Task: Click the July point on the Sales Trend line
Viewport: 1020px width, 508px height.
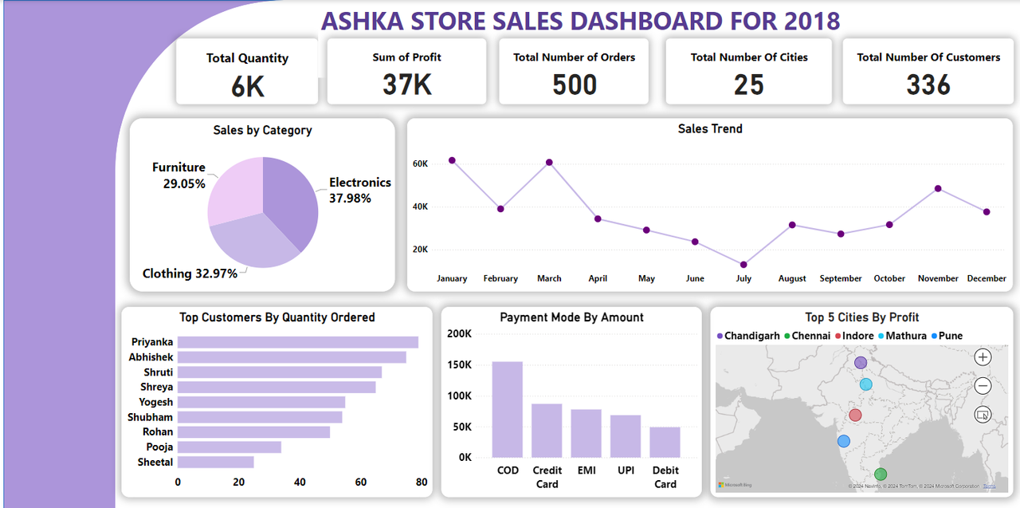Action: click(x=743, y=265)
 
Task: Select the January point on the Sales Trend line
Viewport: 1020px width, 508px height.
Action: click(x=452, y=160)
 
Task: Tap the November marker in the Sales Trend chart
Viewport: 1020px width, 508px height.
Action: click(x=938, y=189)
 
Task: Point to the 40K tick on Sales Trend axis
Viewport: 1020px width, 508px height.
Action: click(x=420, y=207)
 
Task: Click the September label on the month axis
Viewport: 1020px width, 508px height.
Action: click(x=841, y=278)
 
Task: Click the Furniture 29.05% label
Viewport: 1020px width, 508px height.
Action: click(x=178, y=175)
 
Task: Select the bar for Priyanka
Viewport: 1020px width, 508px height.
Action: click(x=297, y=342)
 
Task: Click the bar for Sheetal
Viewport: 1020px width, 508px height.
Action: click(x=215, y=462)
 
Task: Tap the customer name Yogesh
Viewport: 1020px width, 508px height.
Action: click(x=155, y=402)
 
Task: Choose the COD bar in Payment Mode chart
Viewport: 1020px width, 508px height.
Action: click(x=508, y=409)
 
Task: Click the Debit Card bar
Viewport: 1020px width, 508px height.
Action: click(x=665, y=442)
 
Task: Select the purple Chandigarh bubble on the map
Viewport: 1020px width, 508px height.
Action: click(x=861, y=363)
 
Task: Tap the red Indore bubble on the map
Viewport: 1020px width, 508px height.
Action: click(x=855, y=415)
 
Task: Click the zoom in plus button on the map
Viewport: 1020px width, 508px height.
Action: click(x=983, y=357)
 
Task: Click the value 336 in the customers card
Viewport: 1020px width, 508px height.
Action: click(x=928, y=85)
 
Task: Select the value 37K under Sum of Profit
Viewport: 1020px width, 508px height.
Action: click(x=406, y=84)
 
